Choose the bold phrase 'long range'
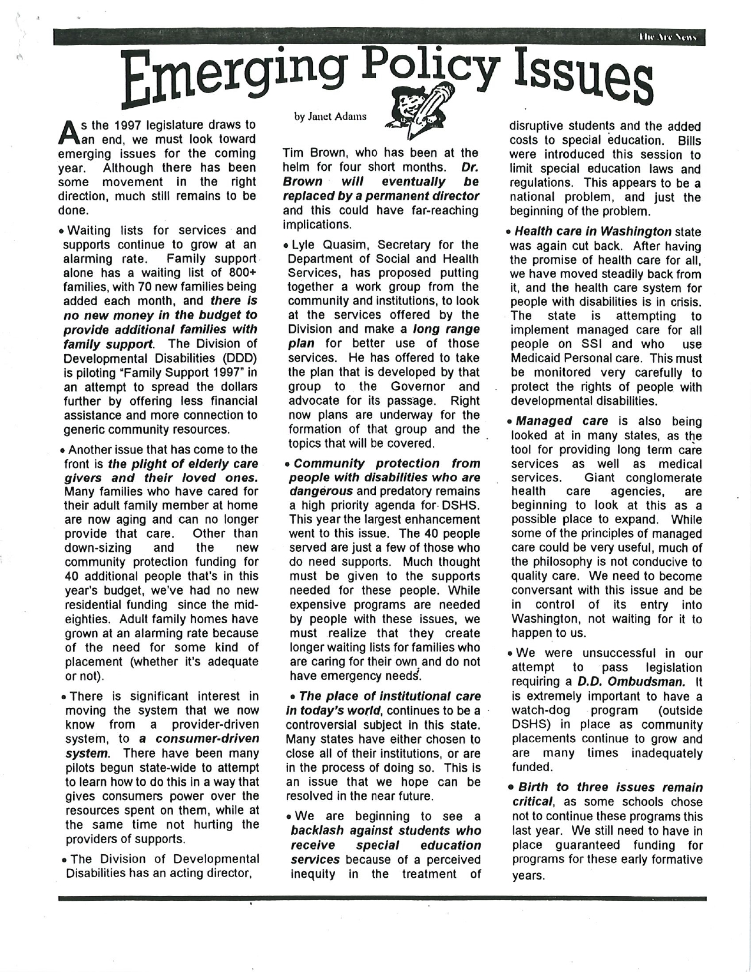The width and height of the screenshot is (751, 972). coord(446,329)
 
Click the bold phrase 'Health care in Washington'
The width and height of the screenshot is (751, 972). coord(593,232)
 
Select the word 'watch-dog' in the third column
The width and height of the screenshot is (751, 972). coord(536,710)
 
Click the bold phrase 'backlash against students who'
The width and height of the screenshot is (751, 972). coord(386,831)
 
